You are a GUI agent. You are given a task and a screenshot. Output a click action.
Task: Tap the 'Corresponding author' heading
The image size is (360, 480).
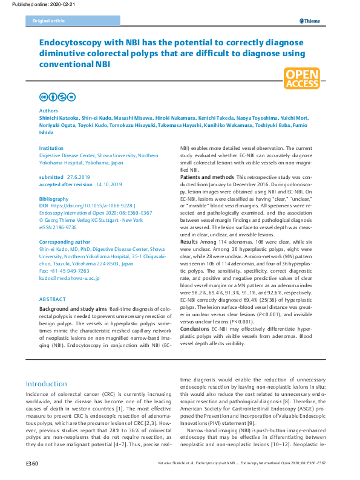click(64, 242)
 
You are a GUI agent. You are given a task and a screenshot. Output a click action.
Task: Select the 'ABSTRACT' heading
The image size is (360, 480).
click(53, 300)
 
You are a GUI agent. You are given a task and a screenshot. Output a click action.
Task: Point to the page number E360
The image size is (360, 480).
click(32, 463)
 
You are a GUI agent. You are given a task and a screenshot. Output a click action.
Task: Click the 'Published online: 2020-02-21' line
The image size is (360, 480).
click(31, 4)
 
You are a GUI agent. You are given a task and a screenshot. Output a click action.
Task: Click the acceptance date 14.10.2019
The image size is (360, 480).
click(107, 184)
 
